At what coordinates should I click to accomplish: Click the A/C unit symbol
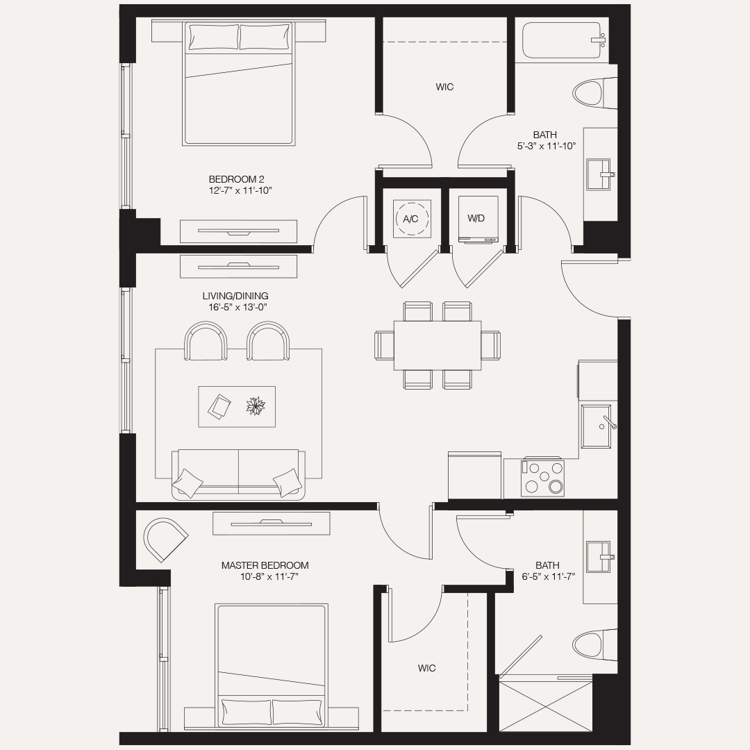coord(412,219)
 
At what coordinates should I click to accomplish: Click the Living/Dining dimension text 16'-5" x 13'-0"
coord(237,307)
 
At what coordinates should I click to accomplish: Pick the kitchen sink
coord(598,426)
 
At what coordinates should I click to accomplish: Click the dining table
coord(437,345)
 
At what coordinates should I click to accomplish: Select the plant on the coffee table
coord(256,406)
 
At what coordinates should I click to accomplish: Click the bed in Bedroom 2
coord(238,83)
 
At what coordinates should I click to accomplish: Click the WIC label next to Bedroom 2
coord(445,87)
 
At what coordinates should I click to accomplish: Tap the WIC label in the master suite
coord(427,668)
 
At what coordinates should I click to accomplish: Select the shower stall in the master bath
coord(546,706)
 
